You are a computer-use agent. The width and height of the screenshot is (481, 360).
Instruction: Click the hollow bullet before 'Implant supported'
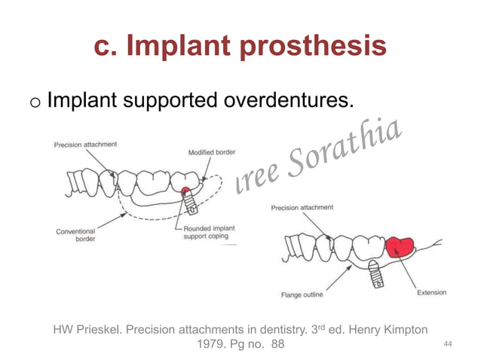(31, 100)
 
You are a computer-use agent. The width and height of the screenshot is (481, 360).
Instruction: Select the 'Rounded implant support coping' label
(206, 232)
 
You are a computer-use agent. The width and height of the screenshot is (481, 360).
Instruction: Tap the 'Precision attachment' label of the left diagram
(84, 144)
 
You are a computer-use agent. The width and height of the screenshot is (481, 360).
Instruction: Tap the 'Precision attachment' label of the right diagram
(302, 207)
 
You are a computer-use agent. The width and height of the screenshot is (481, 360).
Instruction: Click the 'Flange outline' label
(302, 294)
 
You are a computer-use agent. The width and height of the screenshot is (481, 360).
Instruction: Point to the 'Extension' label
(431, 292)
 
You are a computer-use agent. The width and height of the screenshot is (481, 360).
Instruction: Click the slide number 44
(449, 343)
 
